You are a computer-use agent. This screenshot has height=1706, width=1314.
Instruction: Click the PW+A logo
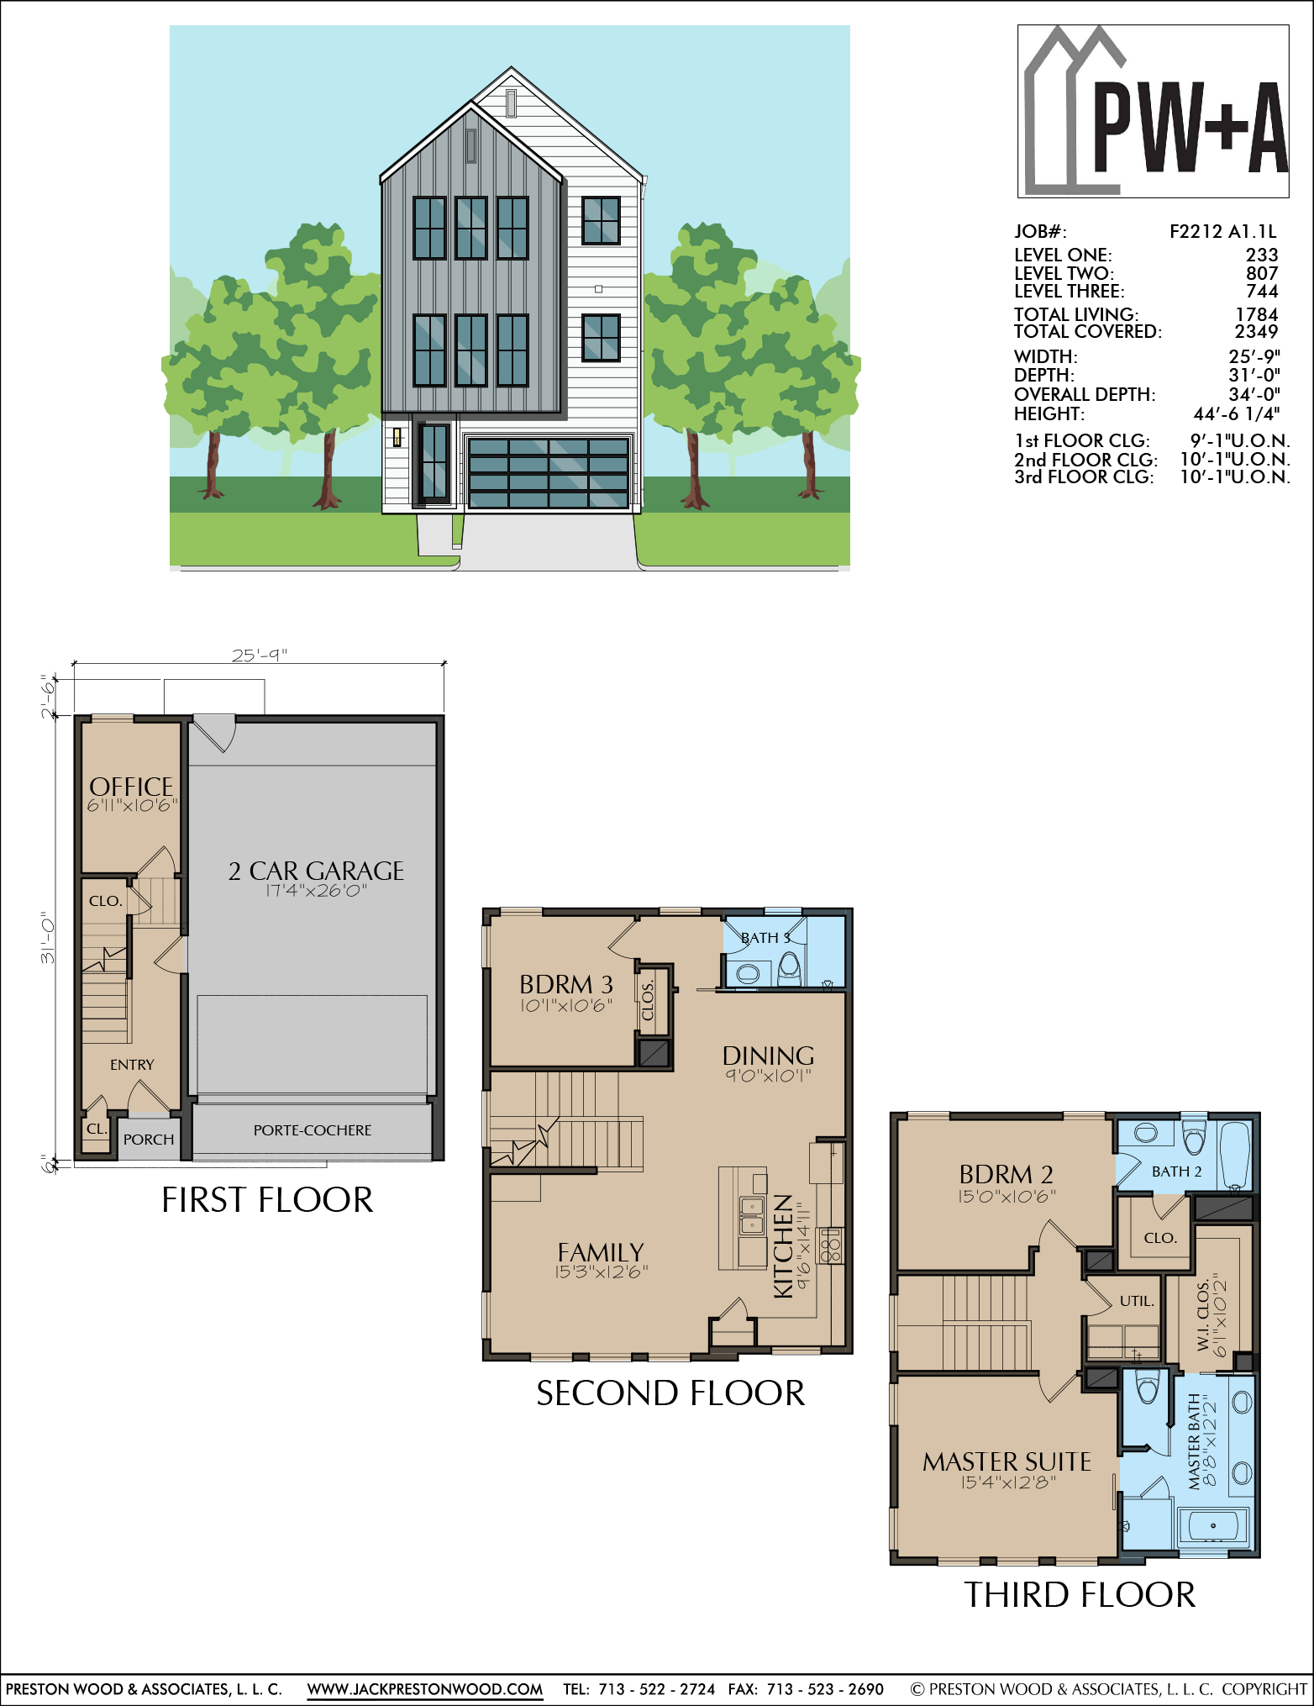pyautogui.click(x=1153, y=111)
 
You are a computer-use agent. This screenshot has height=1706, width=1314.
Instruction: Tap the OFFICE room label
pyautogui.click(x=131, y=787)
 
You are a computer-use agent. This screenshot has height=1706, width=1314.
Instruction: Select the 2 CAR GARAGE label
pyautogui.click(x=316, y=871)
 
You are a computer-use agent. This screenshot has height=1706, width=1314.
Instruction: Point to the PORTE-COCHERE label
pyautogui.click(x=313, y=1130)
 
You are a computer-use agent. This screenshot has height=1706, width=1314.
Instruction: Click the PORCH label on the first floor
pyautogui.click(x=149, y=1140)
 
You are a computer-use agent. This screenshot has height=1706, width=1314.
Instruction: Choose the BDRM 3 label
pyautogui.click(x=566, y=984)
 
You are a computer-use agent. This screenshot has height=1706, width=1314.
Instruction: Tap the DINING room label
pyautogui.click(x=768, y=1056)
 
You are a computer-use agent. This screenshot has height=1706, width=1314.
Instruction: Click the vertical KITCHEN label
pyautogui.click(x=783, y=1246)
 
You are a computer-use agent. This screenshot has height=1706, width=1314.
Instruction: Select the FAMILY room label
pyautogui.click(x=600, y=1252)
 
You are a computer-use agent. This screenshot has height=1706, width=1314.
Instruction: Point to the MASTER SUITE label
pyautogui.click(x=1007, y=1462)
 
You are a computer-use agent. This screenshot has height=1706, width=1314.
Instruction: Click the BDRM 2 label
pyautogui.click(x=1007, y=1174)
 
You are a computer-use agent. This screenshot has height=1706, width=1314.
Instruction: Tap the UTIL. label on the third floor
pyautogui.click(x=1137, y=1301)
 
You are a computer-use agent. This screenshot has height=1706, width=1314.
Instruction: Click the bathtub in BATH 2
pyautogui.click(x=1234, y=1156)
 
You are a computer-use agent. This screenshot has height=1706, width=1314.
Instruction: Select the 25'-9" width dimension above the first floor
pyautogui.click(x=260, y=655)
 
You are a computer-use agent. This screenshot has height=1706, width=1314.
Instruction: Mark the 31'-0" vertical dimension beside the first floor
pyautogui.click(x=48, y=939)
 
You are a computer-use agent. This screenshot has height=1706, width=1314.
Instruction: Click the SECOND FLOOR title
pyautogui.click(x=670, y=1393)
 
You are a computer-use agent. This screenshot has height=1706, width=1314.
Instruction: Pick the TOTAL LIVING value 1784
pyautogui.click(x=1257, y=314)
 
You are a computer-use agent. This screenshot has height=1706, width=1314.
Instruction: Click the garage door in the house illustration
pyautogui.click(x=548, y=472)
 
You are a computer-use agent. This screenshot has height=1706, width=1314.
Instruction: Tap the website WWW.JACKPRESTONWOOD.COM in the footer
pyautogui.click(x=425, y=1689)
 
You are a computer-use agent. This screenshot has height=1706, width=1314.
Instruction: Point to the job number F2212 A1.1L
pyautogui.click(x=1222, y=232)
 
